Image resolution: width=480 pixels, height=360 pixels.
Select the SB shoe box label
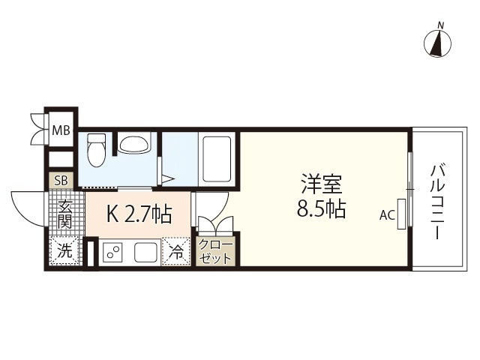coord(59,181)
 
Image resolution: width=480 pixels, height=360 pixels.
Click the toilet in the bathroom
coord(95,151)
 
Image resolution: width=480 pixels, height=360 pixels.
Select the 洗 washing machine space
coord(65,252)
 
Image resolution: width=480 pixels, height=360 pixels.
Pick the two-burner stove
coord(113,252)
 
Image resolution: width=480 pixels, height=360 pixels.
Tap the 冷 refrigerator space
coord(177,251)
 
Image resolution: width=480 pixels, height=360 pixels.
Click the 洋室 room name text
coord(323,183)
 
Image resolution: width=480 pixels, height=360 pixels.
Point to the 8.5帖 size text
coord(323,209)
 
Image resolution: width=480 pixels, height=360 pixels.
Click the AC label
coord(386,215)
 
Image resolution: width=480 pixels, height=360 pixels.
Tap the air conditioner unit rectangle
coord(402,213)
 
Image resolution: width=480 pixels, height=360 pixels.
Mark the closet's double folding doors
coord(214,224)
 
